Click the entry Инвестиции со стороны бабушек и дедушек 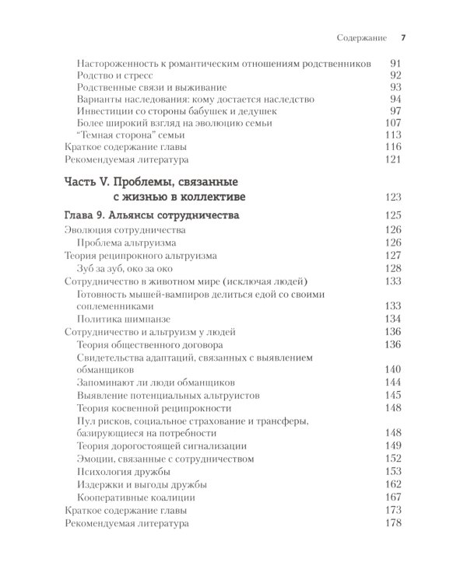[x=178, y=111]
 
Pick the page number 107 [x=393, y=124]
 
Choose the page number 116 [x=393, y=148]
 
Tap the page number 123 [x=393, y=196]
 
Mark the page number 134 [x=393, y=318]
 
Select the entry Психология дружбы [x=123, y=472]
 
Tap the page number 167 [x=393, y=497]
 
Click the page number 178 [x=393, y=523]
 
